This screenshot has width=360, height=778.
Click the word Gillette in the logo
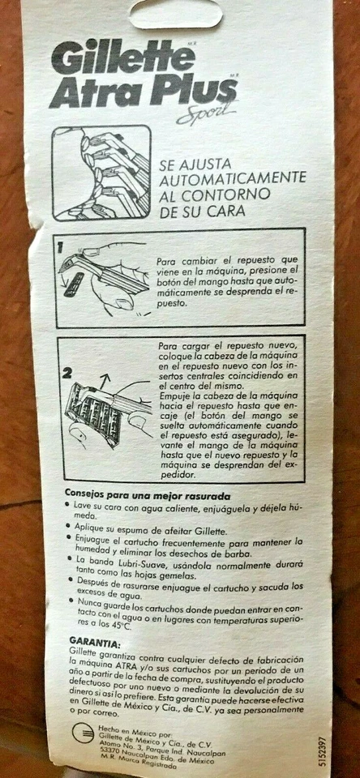pyautogui.click(x=122, y=58)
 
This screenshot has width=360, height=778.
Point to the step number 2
pyautogui.click(x=69, y=374)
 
